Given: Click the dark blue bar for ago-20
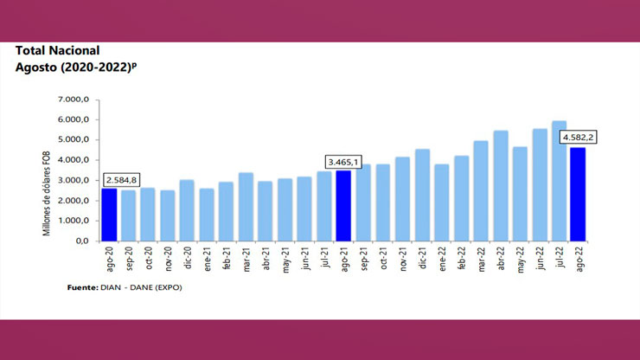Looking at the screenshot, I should click(x=110, y=214).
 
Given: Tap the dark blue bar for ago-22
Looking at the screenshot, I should click(x=578, y=194).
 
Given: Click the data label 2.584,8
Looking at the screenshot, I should click(x=120, y=180).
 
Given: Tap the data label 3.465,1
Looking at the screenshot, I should click(x=343, y=161).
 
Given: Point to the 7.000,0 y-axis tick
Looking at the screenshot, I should click(x=74, y=100).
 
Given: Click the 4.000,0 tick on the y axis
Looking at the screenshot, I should click(x=74, y=160).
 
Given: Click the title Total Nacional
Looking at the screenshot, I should click(x=57, y=51).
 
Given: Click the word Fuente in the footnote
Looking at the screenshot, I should click(x=83, y=287).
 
